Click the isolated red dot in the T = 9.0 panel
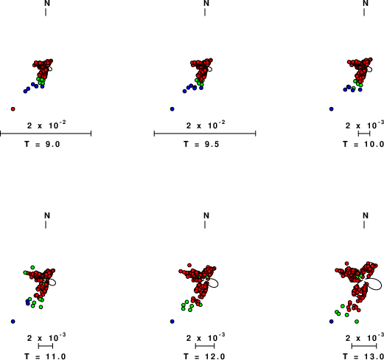click(13, 109)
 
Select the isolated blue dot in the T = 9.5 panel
click(172, 109)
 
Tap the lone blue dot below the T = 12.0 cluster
click(172, 322)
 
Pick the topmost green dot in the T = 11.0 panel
click(32, 267)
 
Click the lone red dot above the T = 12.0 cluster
click(189, 265)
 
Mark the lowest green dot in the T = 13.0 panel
click(357, 322)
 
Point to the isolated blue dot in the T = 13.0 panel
click(332, 322)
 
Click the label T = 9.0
click(42, 144)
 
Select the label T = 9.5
click(201, 144)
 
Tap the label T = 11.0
click(45, 356)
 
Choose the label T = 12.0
click(204, 356)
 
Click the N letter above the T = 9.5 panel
click(206, 3)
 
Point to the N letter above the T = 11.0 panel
click(47, 215)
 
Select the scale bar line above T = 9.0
click(46, 134)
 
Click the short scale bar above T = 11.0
click(46, 346)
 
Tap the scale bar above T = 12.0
click(205, 346)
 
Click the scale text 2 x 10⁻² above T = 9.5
click(206, 125)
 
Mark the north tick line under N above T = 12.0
click(205, 224)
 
